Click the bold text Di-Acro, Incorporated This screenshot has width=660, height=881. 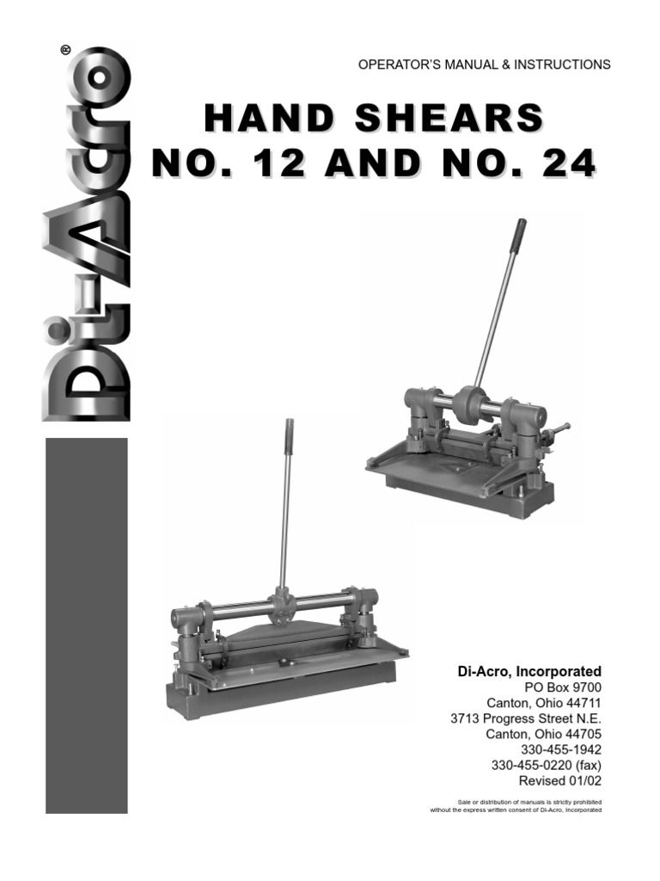(x=528, y=671)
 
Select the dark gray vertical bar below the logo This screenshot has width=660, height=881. (x=87, y=625)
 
